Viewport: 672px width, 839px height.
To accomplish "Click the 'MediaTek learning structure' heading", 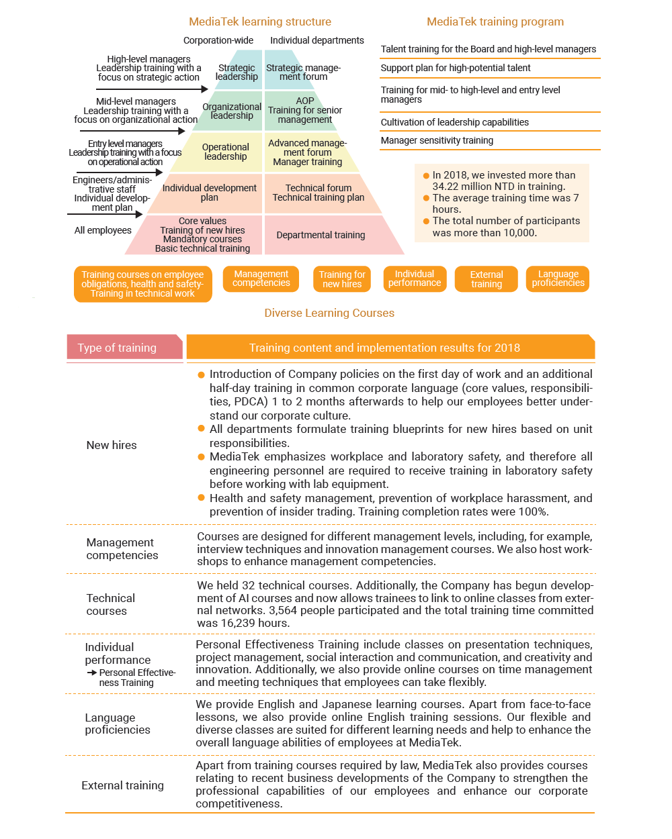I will pos(260,21).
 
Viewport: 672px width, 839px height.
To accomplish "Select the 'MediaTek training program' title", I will pos(495,21).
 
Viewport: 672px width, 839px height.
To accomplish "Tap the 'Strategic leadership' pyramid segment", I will pos(237,72).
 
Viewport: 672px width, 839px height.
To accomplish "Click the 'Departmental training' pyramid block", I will pos(321,235).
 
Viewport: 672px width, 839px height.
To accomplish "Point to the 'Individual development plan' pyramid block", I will pos(209,193).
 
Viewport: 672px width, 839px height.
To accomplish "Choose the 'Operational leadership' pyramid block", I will pos(225,152).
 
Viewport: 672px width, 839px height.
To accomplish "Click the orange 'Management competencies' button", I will pos(261,279).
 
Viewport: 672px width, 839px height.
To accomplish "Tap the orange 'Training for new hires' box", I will pos(342,279).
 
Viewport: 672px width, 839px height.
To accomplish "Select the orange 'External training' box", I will pos(487,279).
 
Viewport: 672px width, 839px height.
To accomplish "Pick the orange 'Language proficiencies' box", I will pos(558,279).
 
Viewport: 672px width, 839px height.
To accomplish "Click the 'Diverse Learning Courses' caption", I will pos(329,313).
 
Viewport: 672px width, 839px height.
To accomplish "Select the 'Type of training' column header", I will pos(117,348).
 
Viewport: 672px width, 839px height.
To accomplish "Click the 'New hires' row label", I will pos(112,445).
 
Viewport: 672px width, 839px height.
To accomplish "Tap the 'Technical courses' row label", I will pos(110,604).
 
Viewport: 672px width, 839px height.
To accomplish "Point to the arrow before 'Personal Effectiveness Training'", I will pos(92,673).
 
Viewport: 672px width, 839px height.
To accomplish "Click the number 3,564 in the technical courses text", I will pos(284,610).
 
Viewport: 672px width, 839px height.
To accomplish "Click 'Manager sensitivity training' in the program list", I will pos(437,140).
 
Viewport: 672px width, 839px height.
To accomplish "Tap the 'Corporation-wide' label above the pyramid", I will pos(218,40).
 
